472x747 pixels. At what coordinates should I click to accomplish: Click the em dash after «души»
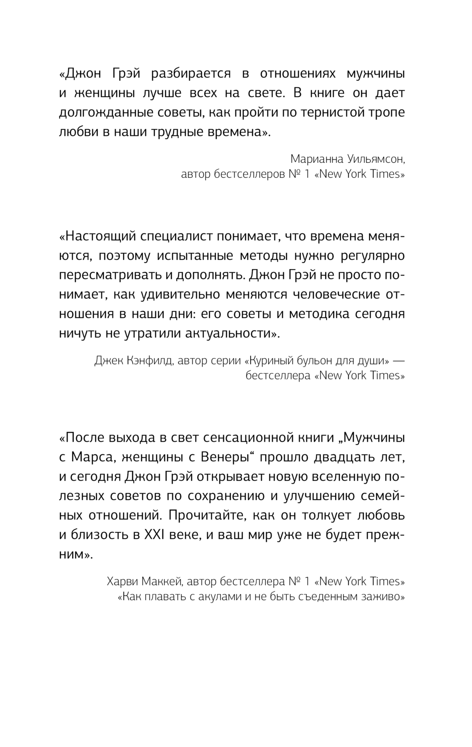coord(399,361)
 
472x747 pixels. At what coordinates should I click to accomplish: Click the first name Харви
coord(123,580)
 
